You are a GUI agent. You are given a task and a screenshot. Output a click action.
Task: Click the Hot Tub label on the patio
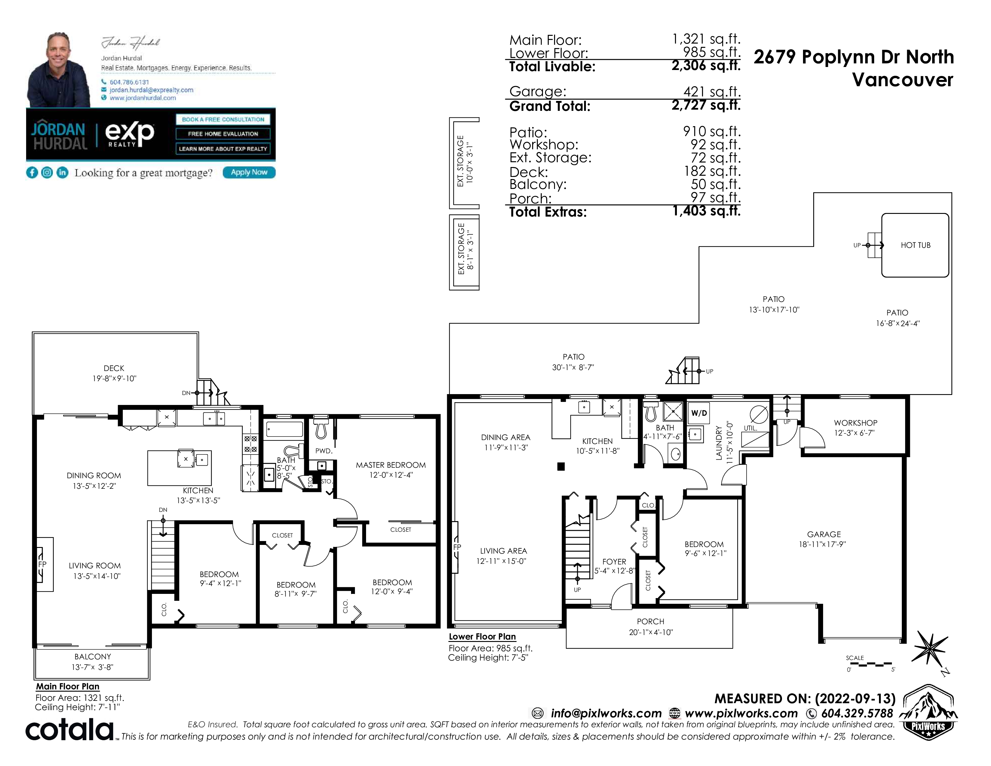tap(915, 245)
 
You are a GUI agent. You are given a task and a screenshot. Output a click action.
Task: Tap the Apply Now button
tap(249, 172)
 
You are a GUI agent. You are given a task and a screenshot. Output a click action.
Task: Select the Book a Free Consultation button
tap(223, 119)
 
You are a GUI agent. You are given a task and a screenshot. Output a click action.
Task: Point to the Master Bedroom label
tap(391, 465)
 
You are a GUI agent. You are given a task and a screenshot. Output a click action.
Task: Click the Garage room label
tap(823, 535)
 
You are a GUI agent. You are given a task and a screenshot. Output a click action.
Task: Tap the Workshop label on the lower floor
tap(855, 423)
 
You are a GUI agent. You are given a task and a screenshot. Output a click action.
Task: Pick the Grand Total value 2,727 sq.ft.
tap(706, 105)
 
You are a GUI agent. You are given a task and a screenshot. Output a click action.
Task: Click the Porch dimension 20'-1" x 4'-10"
tap(651, 632)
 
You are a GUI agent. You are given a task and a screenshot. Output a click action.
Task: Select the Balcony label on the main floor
tap(92, 657)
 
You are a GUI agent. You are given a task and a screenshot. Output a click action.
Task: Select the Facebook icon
tap(32, 172)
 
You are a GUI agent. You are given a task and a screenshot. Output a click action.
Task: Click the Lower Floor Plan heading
tap(482, 637)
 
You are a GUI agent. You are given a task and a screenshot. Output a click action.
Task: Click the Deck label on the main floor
tap(114, 369)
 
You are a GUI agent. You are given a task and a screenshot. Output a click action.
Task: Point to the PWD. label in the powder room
tap(324, 451)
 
